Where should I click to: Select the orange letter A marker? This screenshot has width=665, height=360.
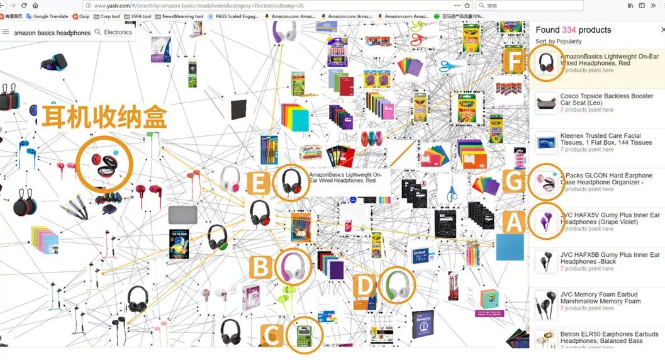click(514, 222)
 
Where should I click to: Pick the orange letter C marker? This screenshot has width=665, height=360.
click(272, 336)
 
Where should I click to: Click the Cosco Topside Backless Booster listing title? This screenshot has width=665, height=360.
click(606, 99)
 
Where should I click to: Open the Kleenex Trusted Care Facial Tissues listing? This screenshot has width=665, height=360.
click(606, 139)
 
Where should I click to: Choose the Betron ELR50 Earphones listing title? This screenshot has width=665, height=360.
click(609, 337)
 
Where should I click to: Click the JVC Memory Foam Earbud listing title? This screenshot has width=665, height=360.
click(600, 298)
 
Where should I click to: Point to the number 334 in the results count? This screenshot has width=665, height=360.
click(569, 30)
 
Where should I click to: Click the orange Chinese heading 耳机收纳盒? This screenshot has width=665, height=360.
click(104, 118)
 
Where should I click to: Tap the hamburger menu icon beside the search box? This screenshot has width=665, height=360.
click(6, 31)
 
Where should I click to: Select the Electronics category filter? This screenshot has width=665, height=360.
click(118, 32)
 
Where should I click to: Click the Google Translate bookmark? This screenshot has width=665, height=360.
click(50, 16)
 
